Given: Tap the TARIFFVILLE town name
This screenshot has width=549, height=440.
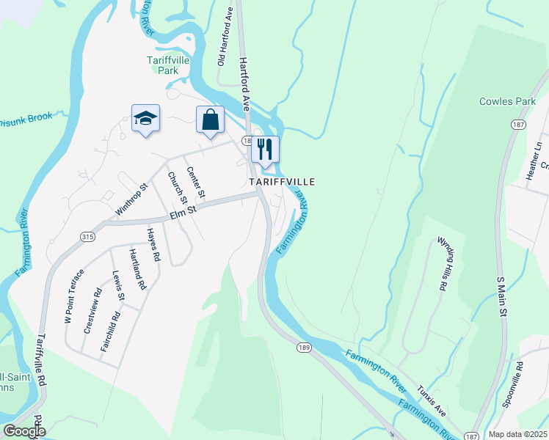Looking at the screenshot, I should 282,181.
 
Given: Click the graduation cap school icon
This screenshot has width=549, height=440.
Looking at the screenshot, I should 146,118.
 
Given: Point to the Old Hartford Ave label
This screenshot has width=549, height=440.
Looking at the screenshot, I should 225,48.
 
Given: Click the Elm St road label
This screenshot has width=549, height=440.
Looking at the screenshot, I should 184,212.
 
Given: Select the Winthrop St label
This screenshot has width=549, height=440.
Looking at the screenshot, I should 131,199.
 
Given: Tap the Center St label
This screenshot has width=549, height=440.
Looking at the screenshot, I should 194,185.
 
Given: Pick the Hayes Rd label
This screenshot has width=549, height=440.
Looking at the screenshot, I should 153,246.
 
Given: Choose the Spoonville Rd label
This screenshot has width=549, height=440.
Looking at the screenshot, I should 512,384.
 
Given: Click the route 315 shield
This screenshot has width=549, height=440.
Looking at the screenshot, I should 89,236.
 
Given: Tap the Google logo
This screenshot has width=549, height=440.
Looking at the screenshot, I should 25,431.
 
